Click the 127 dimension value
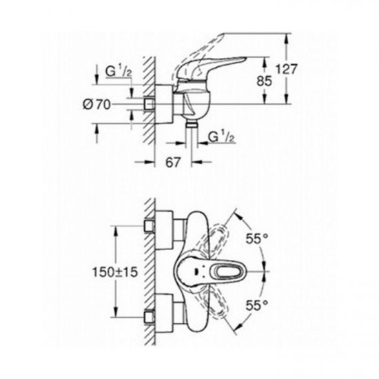point(287,69)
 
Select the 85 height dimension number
point(264,81)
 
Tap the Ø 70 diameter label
point(96,105)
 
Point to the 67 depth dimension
point(173,162)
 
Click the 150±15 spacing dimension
point(115,272)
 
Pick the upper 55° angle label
point(257,239)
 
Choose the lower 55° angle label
point(257,305)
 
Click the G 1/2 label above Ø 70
point(119,72)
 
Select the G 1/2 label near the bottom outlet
point(221,137)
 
